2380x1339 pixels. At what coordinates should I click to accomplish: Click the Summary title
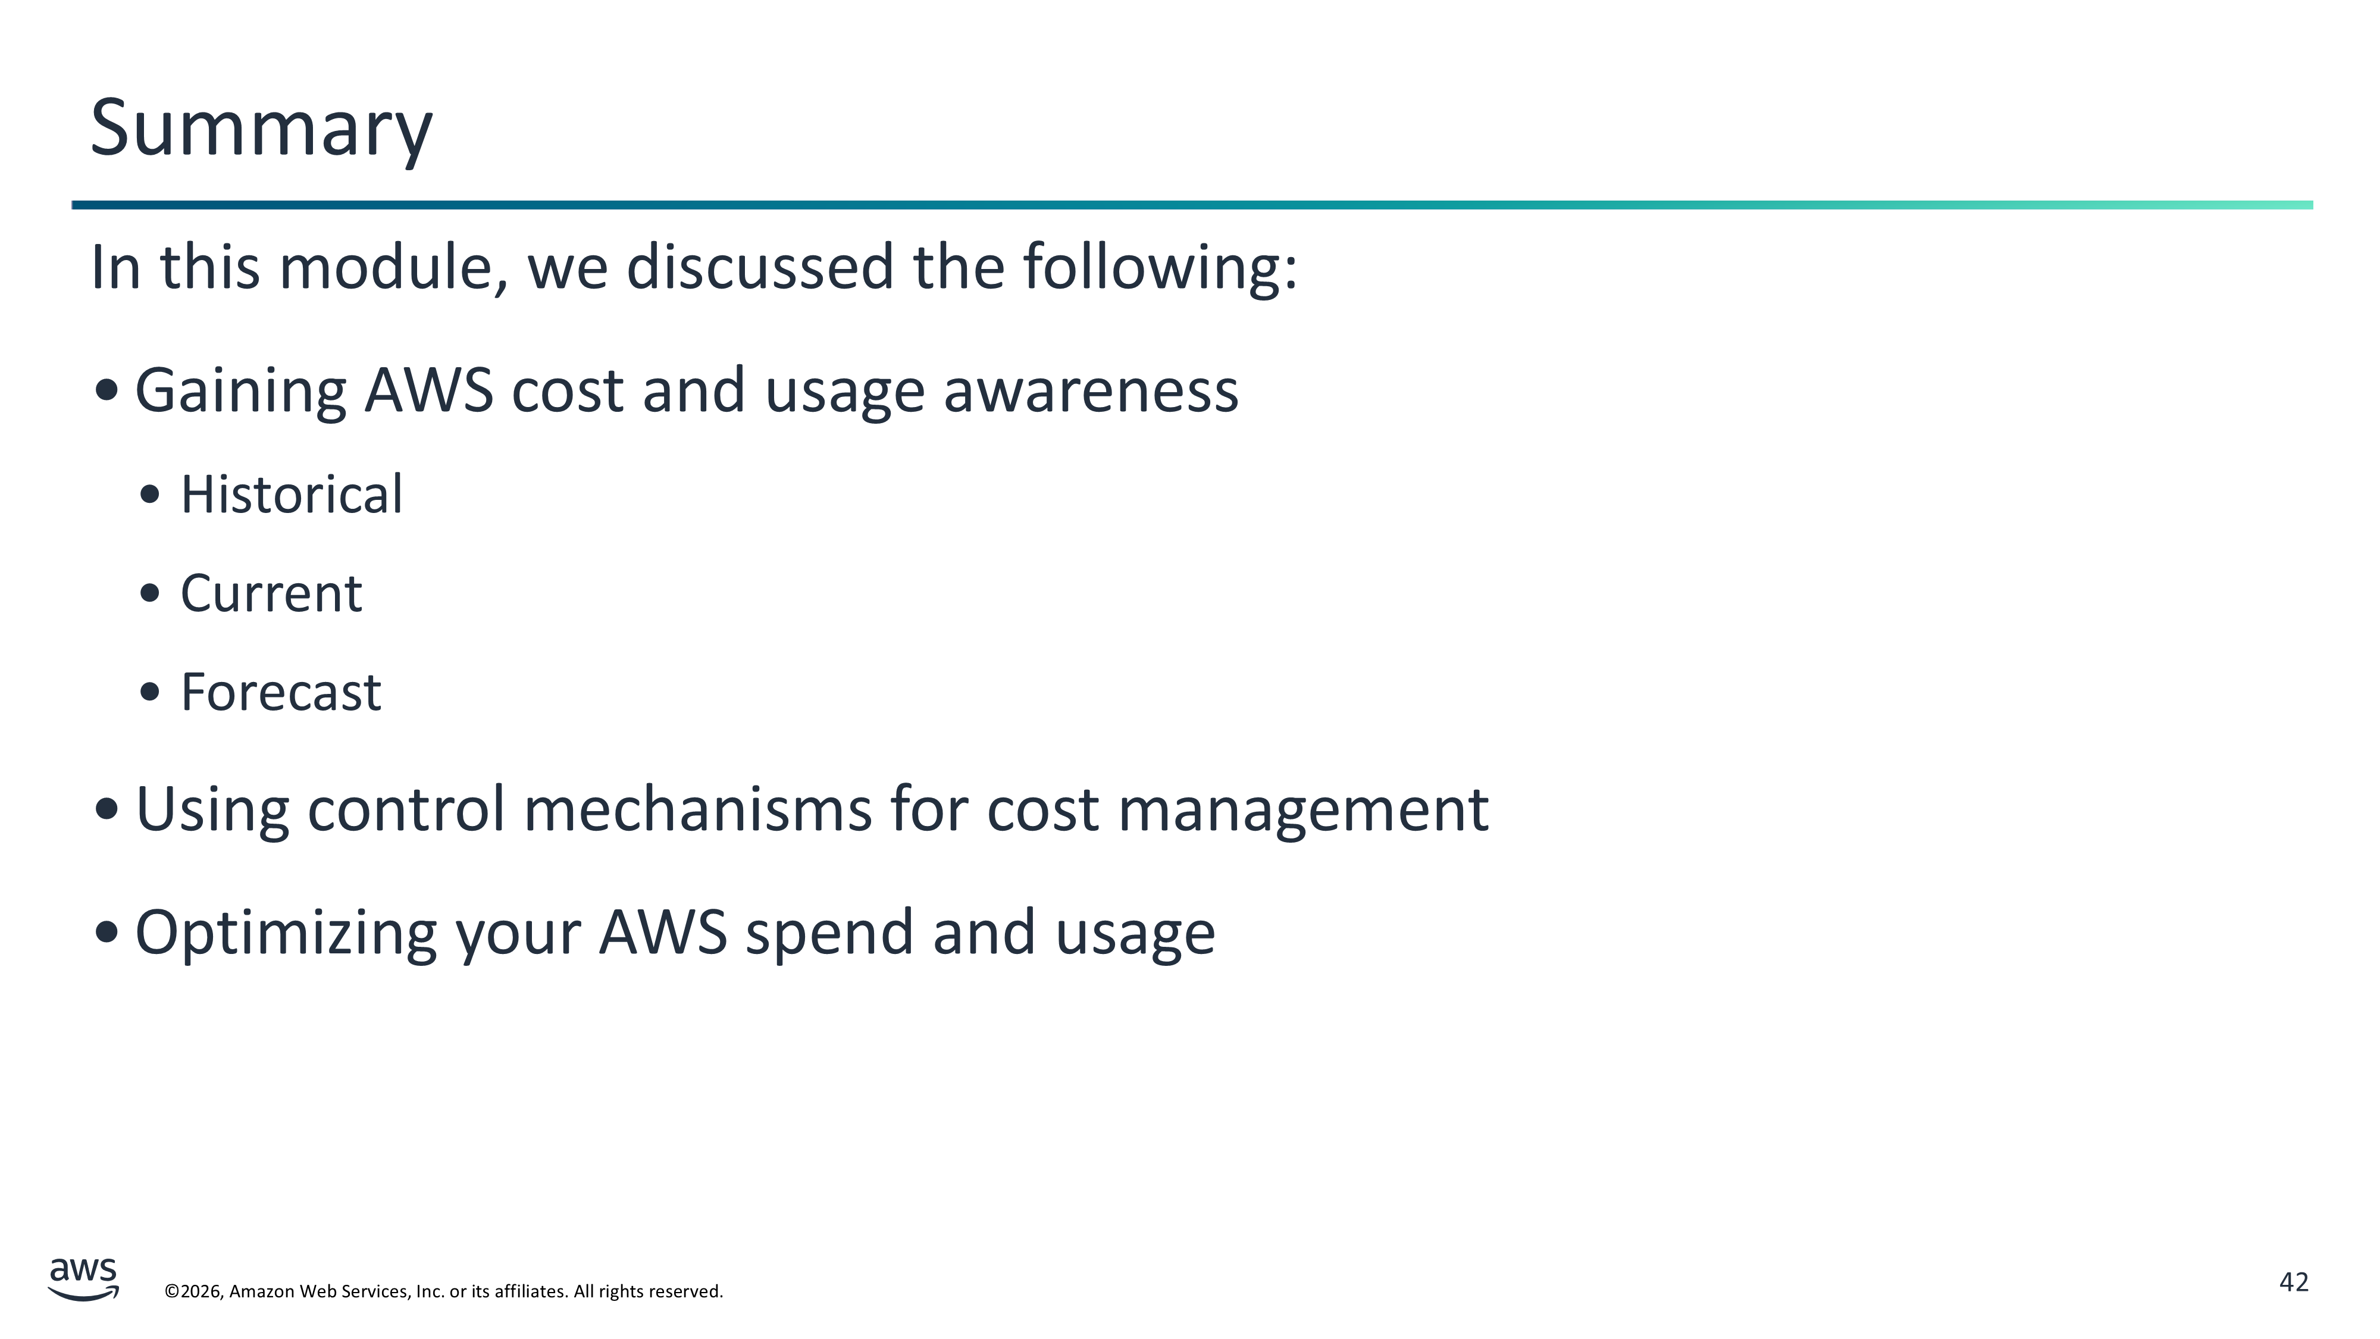(x=261, y=129)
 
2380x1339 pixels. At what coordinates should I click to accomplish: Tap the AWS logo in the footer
(x=83, y=1279)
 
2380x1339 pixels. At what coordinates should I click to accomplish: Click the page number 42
(x=2294, y=1282)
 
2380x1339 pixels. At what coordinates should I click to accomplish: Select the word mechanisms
(x=697, y=809)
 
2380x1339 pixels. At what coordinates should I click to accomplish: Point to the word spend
(x=829, y=933)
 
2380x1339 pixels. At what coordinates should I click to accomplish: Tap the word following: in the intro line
(x=1160, y=267)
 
